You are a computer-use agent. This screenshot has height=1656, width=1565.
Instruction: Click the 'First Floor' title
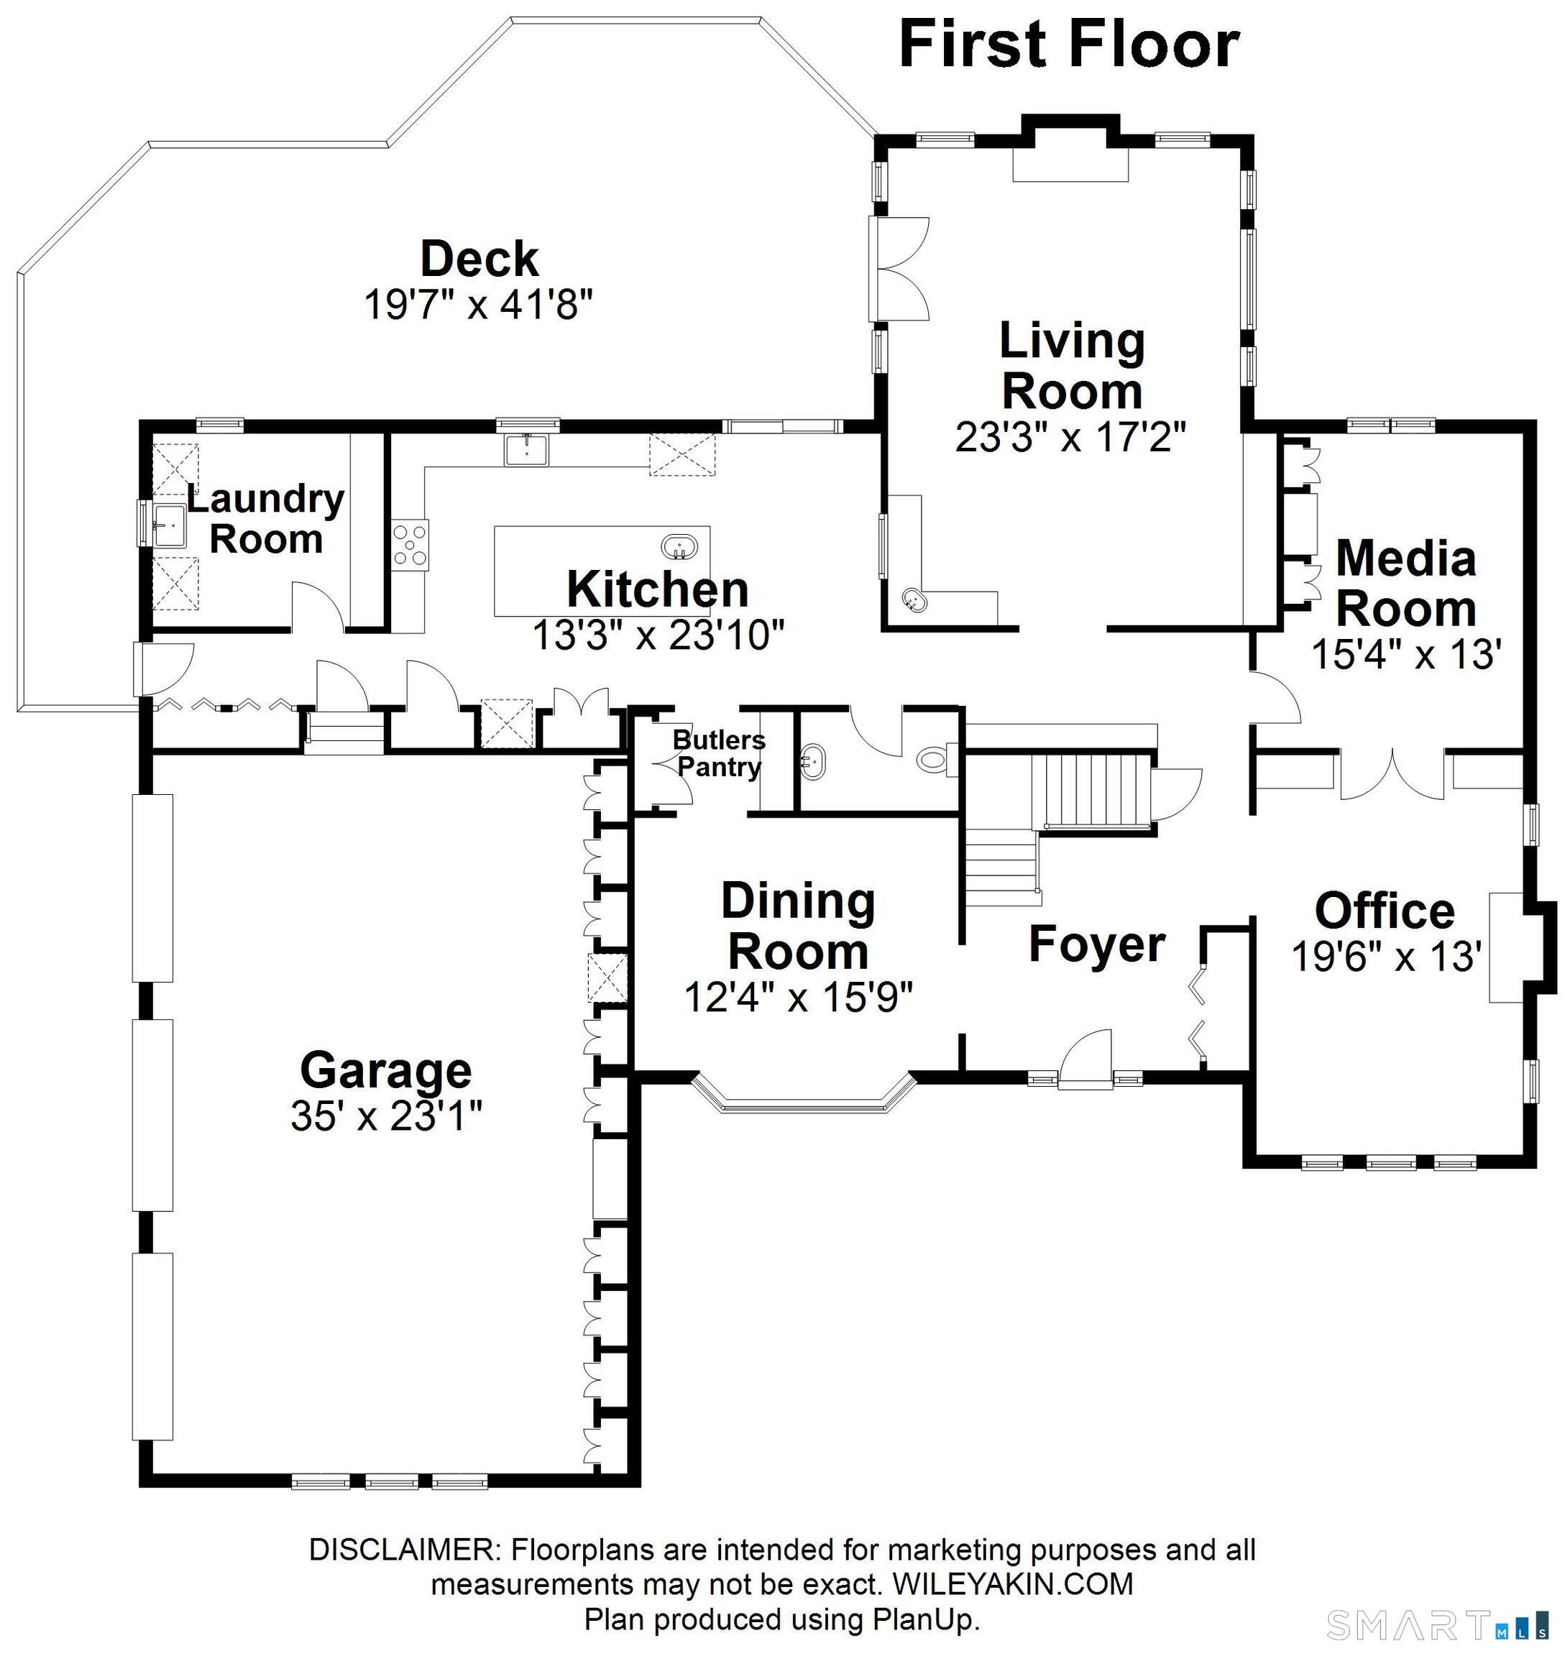pyautogui.click(x=1069, y=45)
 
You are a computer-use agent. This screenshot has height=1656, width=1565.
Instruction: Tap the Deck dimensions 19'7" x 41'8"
pyautogui.click(x=478, y=305)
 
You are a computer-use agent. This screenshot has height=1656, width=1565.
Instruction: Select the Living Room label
pyautogui.click(x=1072, y=365)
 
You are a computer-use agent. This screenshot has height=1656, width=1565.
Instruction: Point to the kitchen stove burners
pyautogui.click(x=410, y=544)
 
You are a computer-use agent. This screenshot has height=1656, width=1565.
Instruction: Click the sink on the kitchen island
pyautogui.click(x=680, y=548)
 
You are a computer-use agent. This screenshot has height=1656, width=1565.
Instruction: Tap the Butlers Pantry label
pyautogui.click(x=718, y=753)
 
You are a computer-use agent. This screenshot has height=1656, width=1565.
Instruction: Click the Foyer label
pyautogui.click(x=1097, y=944)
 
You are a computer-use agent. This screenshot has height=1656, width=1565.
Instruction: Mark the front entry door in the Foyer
pyautogui.click(x=1086, y=1059)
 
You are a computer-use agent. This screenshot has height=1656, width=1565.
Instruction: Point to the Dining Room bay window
pyautogui.click(x=804, y=1094)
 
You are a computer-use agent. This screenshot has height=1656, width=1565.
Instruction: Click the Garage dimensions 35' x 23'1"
pyautogui.click(x=386, y=1116)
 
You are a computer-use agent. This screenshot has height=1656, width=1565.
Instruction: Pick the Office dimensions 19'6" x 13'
pyautogui.click(x=1386, y=957)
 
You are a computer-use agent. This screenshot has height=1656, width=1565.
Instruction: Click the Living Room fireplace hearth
pyautogui.click(x=1070, y=165)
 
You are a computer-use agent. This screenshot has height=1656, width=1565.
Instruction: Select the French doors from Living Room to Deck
pyautogui.click(x=899, y=269)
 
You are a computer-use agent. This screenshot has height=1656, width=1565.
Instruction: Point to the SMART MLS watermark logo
pyautogui.click(x=1444, y=1626)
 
